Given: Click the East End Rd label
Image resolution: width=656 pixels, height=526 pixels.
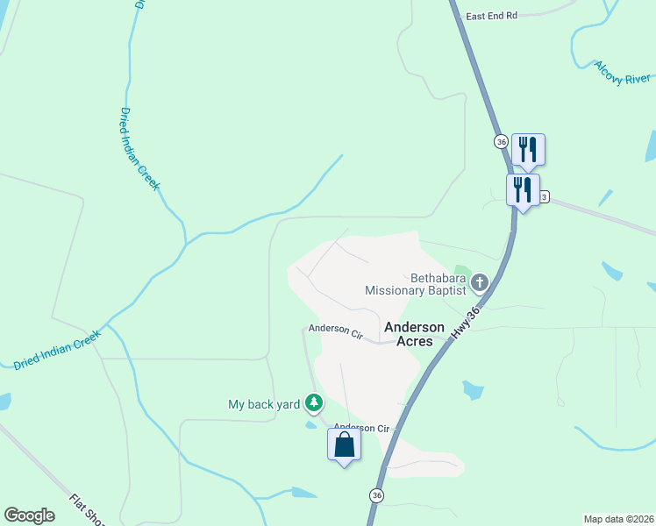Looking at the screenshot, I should [x=492, y=16].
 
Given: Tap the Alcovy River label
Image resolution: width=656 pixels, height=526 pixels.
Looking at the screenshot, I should [x=621, y=73].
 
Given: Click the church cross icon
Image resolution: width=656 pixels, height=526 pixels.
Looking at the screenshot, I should [x=479, y=282].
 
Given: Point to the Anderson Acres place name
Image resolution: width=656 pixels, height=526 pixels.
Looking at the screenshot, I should [x=409, y=333].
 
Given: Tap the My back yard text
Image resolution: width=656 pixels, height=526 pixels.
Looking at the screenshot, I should [x=264, y=404].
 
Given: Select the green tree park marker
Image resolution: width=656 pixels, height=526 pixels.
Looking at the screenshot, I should [x=314, y=403].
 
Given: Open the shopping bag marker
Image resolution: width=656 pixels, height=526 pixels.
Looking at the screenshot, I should [x=344, y=444].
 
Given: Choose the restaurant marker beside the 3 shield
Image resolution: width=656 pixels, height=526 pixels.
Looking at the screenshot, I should [x=523, y=189].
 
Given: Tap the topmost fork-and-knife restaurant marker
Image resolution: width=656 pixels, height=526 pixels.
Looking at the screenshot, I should [x=528, y=149].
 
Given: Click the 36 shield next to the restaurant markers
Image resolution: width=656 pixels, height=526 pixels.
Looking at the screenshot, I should [x=501, y=141].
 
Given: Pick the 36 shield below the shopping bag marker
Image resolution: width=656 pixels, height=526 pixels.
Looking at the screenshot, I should [x=376, y=495].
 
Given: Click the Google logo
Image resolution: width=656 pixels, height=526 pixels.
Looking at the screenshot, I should [x=30, y=515].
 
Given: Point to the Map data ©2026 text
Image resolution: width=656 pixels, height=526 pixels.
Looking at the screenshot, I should [x=618, y=518].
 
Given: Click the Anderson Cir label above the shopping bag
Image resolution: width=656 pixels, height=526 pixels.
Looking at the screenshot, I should [x=361, y=428].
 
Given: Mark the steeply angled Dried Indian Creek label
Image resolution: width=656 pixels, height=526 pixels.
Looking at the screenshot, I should [x=140, y=149].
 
